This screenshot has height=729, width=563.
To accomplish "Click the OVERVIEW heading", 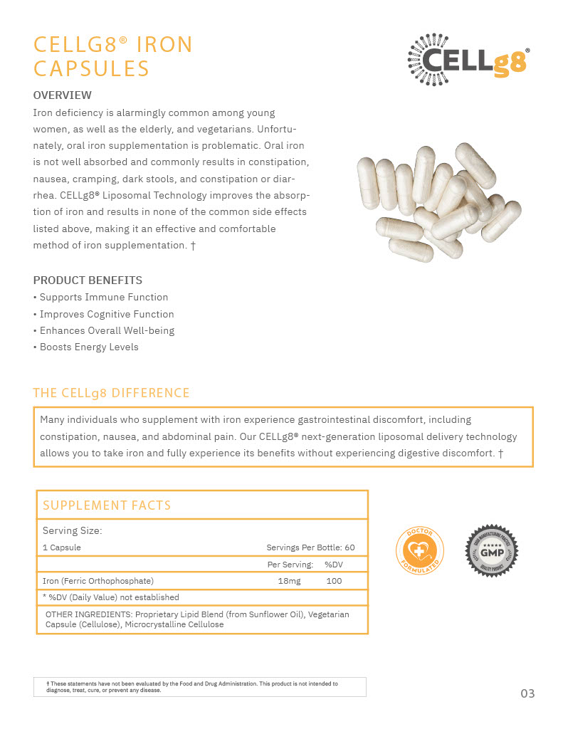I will coord(63,95).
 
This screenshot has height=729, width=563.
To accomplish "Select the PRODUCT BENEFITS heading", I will coord(88,280).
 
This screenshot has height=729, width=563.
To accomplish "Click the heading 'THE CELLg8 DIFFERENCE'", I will coord(112,393).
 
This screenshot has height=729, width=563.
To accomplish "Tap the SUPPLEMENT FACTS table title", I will coord(107,505).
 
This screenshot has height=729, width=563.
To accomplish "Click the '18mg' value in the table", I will coord(289,581).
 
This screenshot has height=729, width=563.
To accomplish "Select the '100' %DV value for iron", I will coord(334,581).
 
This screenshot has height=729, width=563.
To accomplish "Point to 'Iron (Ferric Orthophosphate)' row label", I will coord(98,581).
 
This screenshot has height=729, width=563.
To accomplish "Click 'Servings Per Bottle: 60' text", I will coord(310,547).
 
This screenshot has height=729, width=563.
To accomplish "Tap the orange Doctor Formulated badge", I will coord(419,551).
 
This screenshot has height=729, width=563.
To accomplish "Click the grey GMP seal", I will coord(492,551).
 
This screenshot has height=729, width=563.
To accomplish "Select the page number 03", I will coord(527,693).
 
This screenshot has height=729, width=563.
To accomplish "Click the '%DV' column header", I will coord(334,565).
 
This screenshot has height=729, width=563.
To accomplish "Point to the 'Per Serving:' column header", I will coord(290,565).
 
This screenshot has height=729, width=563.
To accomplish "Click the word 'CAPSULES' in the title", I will coord(92,69).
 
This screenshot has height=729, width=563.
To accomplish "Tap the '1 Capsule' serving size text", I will coord(62,547).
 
